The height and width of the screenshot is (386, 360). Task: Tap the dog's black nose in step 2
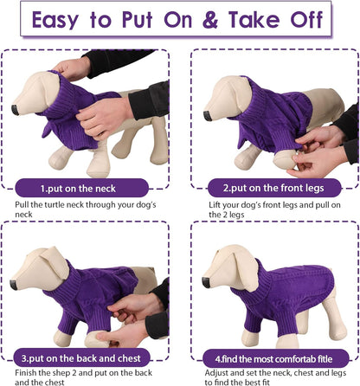tap(208, 114)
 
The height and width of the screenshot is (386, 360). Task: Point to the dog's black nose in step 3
tap(12, 283)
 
